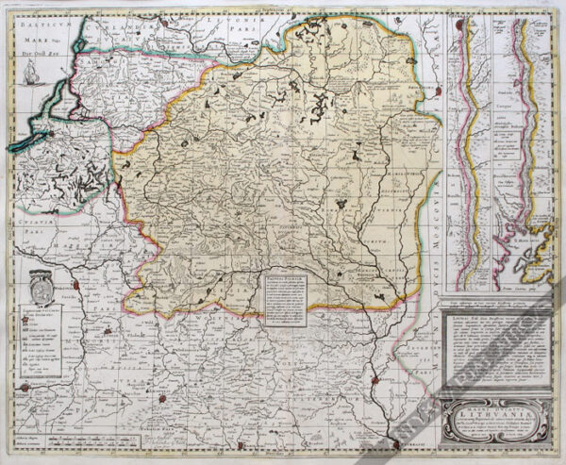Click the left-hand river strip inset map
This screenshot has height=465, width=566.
tap(471, 151)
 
